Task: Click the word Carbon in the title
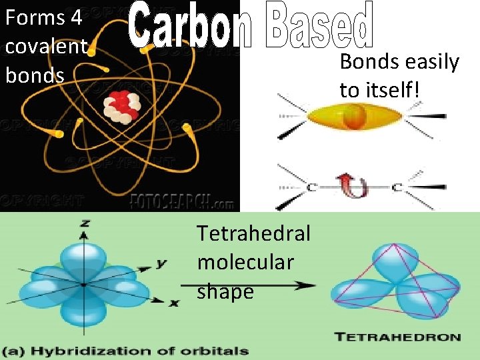189,27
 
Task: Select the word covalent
45,46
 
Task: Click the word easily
431,62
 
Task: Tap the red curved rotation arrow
351,186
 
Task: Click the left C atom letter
311,188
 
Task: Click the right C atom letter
396,188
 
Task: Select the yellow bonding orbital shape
354,119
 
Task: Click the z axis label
85,223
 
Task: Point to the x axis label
174,303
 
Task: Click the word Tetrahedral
253,233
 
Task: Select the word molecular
245,263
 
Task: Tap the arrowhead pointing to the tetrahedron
308,285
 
